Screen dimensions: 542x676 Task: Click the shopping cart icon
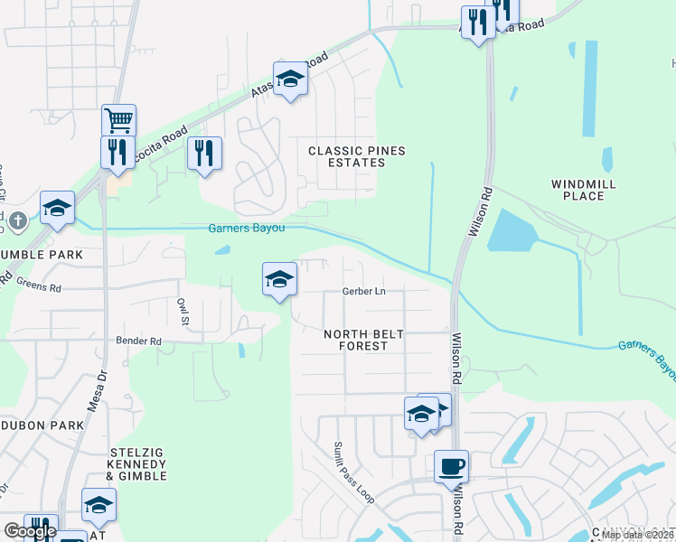(118, 119)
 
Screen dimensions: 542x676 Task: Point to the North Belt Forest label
(363, 340)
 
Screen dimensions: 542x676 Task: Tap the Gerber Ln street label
(363, 291)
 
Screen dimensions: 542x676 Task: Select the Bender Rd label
(138, 341)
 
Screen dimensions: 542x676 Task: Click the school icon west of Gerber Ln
(279, 279)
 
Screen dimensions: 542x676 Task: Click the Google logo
(31, 531)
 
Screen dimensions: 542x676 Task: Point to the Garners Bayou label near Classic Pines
(247, 228)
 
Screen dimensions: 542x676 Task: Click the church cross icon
(16, 220)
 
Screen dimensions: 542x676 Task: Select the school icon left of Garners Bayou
(56, 210)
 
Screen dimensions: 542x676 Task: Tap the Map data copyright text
(638, 535)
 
